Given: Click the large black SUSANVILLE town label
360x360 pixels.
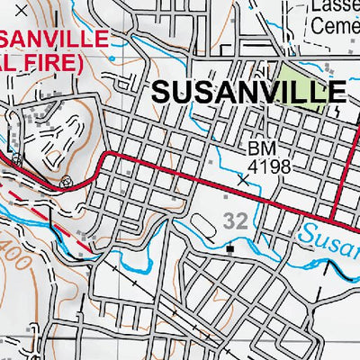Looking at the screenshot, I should point(248,91).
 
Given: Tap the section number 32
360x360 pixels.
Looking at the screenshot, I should point(237,219).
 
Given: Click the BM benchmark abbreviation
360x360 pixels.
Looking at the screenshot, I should point(259,147).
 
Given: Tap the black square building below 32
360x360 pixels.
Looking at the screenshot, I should point(231,248).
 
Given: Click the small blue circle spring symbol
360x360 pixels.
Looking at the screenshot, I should point(65,181).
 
